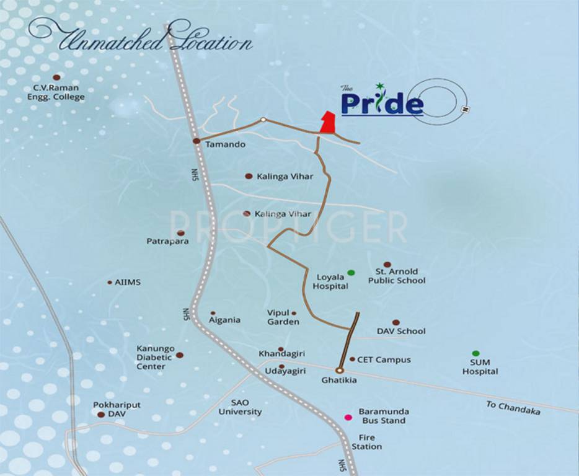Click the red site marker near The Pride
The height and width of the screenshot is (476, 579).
point(327,123)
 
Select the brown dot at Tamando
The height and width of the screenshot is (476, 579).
point(196,141)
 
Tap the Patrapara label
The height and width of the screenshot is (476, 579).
point(167,241)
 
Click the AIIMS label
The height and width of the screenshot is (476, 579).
point(128,282)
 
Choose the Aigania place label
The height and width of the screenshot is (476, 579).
point(224,320)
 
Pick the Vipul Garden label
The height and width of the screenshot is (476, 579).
point(283,317)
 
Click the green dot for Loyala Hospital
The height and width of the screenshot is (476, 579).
point(351,273)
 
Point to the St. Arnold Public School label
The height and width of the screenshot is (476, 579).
point(397,276)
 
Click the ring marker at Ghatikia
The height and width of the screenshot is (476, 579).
point(339,370)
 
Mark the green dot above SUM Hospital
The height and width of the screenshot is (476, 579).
point(475,353)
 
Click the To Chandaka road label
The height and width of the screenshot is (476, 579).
point(513,408)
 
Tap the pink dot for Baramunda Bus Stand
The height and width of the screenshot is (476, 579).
point(348,416)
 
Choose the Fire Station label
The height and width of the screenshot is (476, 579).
point(366,442)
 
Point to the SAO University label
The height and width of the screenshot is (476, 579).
point(240,407)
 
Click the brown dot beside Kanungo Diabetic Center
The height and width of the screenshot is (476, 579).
point(180,355)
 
